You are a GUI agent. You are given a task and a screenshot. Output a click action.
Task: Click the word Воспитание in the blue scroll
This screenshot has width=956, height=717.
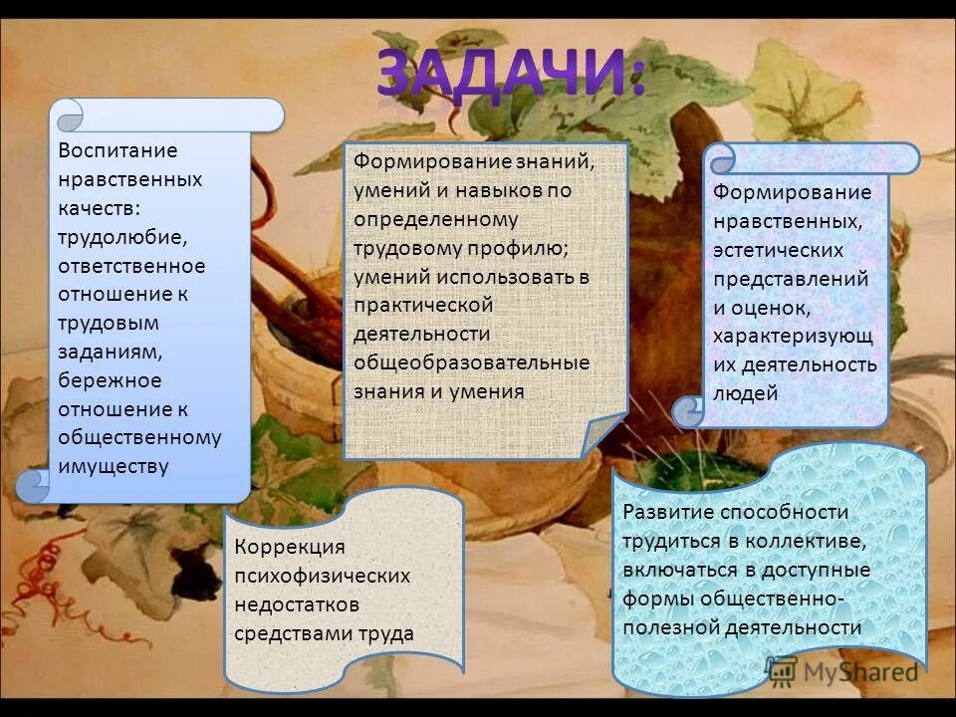(x=118, y=150)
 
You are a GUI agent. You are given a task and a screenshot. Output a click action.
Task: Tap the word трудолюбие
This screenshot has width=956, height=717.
(x=122, y=237)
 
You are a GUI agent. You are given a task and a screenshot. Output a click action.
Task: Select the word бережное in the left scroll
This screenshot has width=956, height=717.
(x=110, y=380)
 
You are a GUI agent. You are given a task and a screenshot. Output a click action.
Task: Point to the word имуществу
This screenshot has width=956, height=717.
(x=114, y=467)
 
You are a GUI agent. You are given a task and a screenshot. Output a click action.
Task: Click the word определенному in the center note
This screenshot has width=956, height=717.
(x=436, y=217)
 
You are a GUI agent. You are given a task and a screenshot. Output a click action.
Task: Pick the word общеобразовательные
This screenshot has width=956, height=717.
(x=472, y=362)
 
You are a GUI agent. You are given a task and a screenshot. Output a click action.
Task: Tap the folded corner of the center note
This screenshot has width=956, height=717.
(x=604, y=436)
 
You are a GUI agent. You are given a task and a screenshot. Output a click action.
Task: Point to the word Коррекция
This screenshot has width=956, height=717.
(x=290, y=547)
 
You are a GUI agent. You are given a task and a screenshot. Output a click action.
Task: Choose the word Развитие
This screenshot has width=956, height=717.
(x=665, y=512)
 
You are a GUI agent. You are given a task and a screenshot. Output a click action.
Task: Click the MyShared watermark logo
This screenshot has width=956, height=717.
(x=842, y=669)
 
